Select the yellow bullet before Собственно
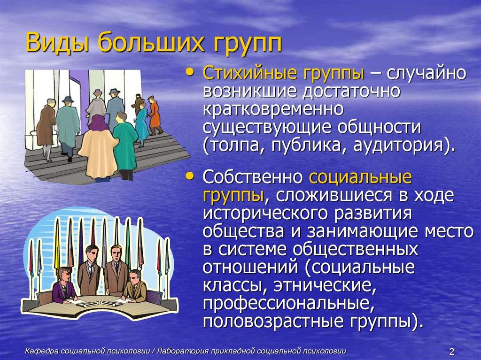pos(190,176)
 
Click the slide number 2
pos(452,352)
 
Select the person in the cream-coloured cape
pos(98,146)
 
